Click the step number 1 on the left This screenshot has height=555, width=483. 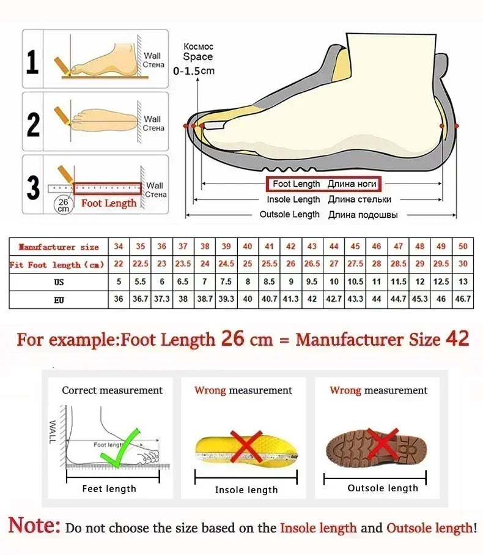point(32,62)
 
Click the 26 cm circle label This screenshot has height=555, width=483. point(63,204)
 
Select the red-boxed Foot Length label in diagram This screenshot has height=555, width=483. point(323,184)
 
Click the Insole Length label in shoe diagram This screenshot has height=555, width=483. point(293,199)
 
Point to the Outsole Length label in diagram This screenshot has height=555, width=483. point(289,214)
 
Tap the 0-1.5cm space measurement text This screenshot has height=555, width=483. point(194,71)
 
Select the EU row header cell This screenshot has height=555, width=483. point(59,300)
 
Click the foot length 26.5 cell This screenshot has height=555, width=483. point(312,264)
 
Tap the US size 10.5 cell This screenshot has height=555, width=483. point(355,282)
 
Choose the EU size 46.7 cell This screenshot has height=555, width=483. point(463,300)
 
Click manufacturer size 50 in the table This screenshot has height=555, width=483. point(463,247)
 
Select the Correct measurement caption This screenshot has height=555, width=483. point(112,390)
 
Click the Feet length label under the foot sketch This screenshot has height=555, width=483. point(109,489)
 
